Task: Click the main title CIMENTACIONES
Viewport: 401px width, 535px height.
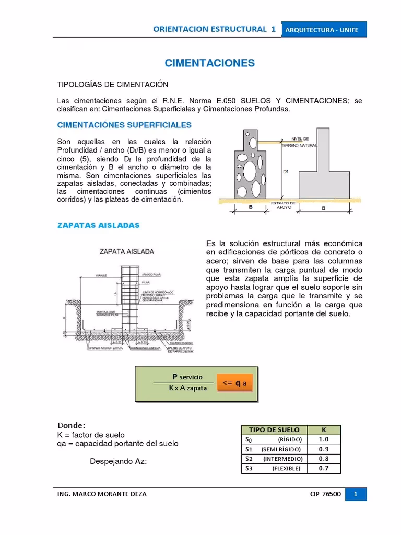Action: pyautogui.click(x=209, y=63)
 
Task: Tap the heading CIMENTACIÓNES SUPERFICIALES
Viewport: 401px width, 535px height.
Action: pyautogui.click(x=124, y=125)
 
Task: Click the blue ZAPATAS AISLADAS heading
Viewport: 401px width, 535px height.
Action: pyautogui.click(x=98, y=225)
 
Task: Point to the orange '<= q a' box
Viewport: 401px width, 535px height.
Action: pyautogui.click(x=234, y=382)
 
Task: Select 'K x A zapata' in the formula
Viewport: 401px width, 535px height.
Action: pyautogui.click(x=187, y=388)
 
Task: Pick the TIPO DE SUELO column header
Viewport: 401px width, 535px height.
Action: pyautogui.click(x=274, y=429)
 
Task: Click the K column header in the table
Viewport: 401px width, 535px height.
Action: pyautogui.click(x=324, y=429)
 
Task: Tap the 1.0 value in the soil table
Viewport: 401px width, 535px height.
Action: pyautogui.click(x=324, y=439)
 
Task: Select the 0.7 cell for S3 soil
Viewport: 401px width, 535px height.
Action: pyautogui.click(x=324, y=468)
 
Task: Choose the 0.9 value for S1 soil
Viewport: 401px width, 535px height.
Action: pyautogui.click(x=324, y=449)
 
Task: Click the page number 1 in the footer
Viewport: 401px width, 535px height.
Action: pyautogui.click(x=355, y=494)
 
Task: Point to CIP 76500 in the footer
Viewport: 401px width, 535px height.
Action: pyautogui.click(x=325, y=494)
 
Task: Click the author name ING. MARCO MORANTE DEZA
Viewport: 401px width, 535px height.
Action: pyautogui.click(x=102, y=494)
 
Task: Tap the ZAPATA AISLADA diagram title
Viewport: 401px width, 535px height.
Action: pyautogui.click(x=127, y=251)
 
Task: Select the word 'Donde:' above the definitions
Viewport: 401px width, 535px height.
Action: pyautogui.click(x=71, y=425)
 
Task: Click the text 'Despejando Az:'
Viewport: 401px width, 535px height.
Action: pyautogui.click(x=119, y=462)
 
